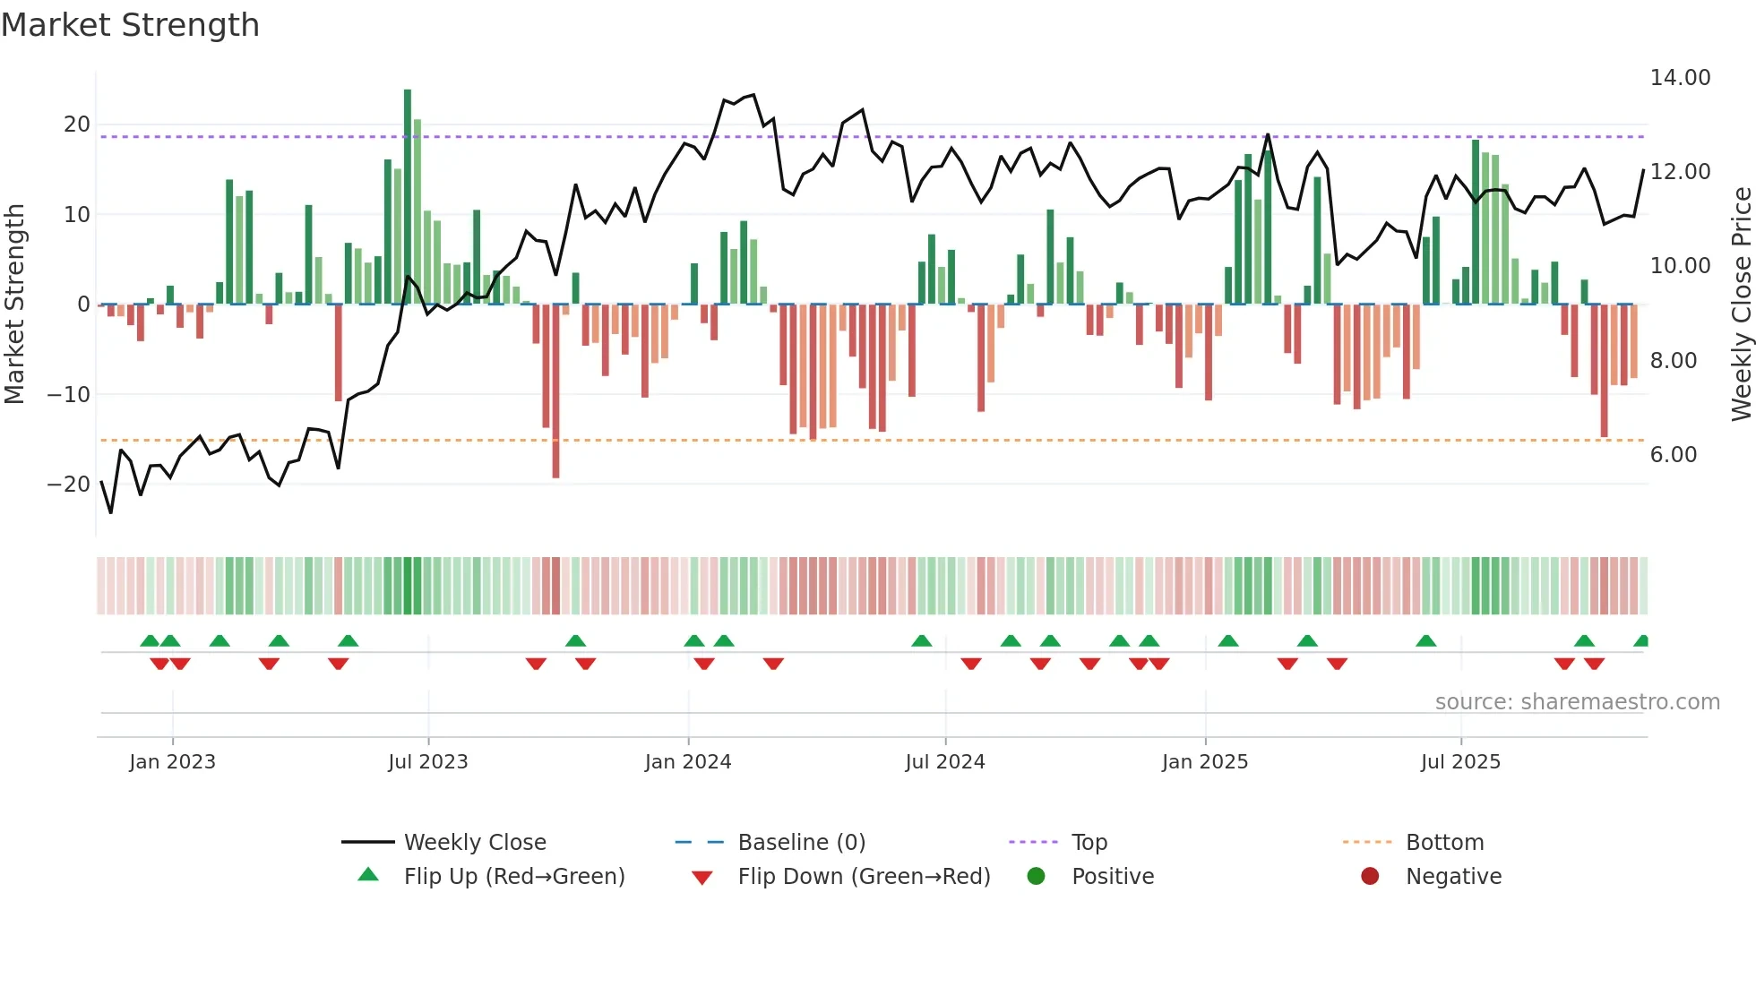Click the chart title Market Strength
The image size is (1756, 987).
pos(130,25)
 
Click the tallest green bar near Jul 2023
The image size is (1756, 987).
pos(408,197)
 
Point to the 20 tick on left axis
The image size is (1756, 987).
pos(77,124)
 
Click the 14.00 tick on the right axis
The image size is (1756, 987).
pos(1680,78)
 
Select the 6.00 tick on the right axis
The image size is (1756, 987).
pos(1674,455)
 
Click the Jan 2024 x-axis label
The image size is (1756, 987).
pos(688,762)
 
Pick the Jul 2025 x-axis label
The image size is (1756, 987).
pos(1460,762)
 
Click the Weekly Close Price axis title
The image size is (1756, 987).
pos(1741,305)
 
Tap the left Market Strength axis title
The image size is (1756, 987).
pos(14,305)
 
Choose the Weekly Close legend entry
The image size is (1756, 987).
pos(475,843)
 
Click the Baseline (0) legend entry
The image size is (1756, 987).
pos(801,843)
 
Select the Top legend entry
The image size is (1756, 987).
pos(1089,843)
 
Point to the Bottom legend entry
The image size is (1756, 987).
pos(1444,843)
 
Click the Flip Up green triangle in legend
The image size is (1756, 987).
pos(368,875)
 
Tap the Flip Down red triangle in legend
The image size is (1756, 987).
pos(702,878)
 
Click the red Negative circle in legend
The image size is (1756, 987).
pos(1370,876)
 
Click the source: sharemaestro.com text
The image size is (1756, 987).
pos(1577,702)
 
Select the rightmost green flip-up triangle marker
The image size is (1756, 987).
pos(1641,641)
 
